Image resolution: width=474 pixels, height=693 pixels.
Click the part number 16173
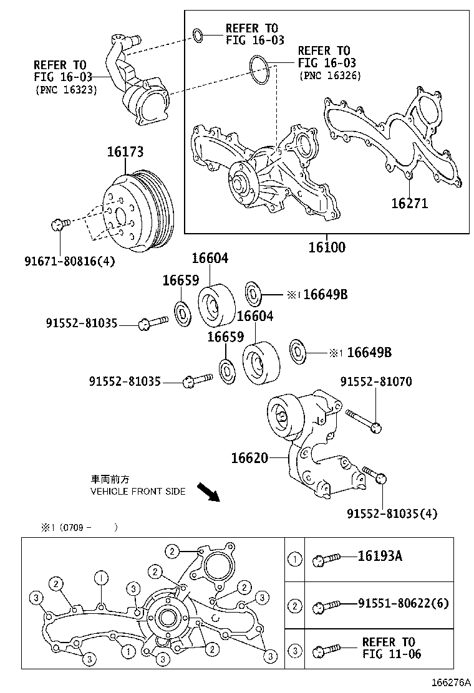[125, 151]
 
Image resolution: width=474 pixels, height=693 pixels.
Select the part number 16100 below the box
[326, 247]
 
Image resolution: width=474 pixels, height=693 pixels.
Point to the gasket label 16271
[409, 203]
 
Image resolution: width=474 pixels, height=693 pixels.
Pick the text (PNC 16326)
[330, 75]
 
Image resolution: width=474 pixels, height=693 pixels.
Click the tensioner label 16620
[249, 458]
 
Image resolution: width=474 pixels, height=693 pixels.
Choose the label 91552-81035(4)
[392, 514]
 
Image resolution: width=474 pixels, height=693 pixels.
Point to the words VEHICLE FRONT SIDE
[138, 491]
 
